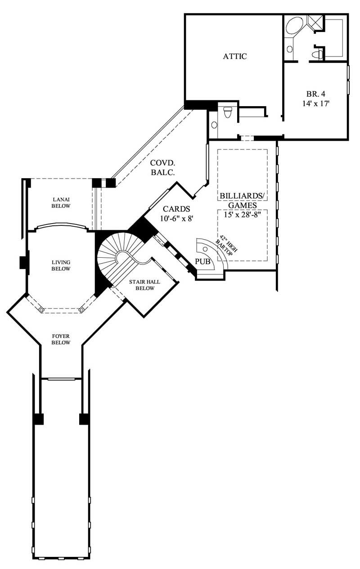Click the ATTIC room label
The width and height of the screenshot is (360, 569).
pyautogui.click(x=235, y=57)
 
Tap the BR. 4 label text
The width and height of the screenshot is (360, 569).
pyautogui.click(x=315, y=94)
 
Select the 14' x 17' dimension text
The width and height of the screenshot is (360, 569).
pyautogui.click(x=316, y=103)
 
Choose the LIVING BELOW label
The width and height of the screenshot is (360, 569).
pyautogui.click(x=61, y=265)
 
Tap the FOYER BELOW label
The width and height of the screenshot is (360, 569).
pyautogui.click(x=61, y=339)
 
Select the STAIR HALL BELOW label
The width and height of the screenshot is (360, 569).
pyautogui.click(x=142, y=285)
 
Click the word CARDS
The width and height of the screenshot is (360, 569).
pyautogui.click(x=176, y=209)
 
